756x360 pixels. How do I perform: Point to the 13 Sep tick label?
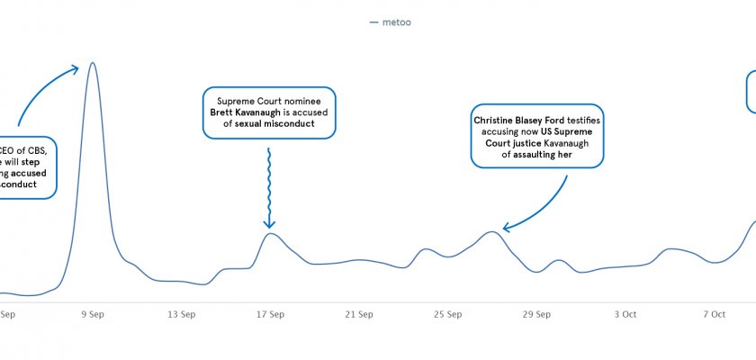182,314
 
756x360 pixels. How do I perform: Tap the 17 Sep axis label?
271,314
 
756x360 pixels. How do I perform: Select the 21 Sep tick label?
359,314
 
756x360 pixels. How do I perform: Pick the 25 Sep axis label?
448,314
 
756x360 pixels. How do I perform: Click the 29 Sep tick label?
537,314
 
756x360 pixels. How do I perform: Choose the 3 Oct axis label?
625,314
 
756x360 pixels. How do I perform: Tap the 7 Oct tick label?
714,314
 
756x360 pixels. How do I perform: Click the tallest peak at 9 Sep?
92,64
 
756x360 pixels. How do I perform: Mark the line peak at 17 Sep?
270,234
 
